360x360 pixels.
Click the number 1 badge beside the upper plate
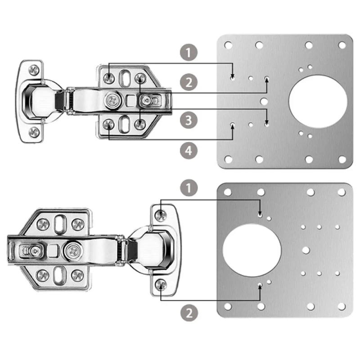tap(189, 52)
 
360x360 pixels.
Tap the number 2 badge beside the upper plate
tap(189, 82)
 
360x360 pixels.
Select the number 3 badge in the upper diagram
tap(189, 120)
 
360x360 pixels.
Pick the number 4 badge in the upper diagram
tap(189, 151)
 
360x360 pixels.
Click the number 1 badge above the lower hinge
tap(189, 187)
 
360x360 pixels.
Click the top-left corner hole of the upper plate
tap(228, 45)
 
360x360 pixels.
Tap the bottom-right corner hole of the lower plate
tap(342, 306)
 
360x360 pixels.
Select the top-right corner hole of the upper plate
tap(342, 45)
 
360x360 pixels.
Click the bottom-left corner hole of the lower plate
tap(228, 306)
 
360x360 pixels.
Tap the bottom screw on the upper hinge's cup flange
tap(34, 131)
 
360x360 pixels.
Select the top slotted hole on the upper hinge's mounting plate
tap(124, 77)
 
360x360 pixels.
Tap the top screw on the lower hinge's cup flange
tap(161, 215)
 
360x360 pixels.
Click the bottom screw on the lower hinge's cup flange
tap(161, 284)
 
